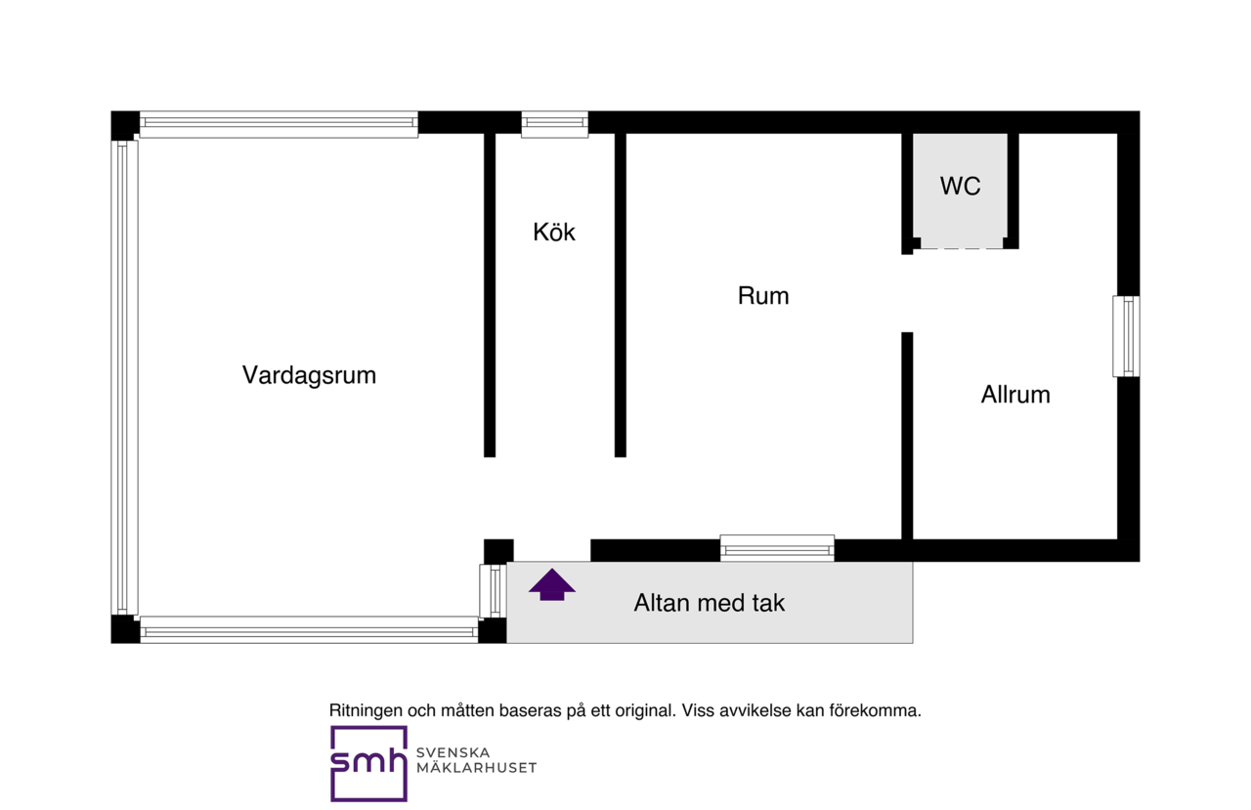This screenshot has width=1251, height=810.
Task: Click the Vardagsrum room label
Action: point(309,376)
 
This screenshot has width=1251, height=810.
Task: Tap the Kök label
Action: point(553,233)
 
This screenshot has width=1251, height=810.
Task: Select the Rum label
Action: point(763,296)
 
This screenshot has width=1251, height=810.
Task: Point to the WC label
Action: point(960,186)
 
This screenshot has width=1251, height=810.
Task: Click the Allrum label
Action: point(1015,395)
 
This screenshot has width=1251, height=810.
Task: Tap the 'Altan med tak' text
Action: point(710,603)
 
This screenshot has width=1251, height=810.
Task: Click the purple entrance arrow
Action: point(552,584)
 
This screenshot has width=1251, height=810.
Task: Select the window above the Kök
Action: point(554,124)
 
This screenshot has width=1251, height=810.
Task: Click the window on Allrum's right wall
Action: point(1126,336)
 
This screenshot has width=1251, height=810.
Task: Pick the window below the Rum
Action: point(777,548)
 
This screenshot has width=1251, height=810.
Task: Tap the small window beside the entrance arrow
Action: point(494,591)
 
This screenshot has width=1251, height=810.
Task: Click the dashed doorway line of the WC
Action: point(962,248)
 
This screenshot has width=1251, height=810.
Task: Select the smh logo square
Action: point(368,764)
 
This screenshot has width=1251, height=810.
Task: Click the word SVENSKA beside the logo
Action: point(453,752)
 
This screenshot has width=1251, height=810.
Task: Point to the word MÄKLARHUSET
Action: point(476,768)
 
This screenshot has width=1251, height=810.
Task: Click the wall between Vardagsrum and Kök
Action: point(490,295)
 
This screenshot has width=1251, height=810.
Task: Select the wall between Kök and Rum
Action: point(620,295)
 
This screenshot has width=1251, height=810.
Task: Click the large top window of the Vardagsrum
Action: point(279,124)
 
